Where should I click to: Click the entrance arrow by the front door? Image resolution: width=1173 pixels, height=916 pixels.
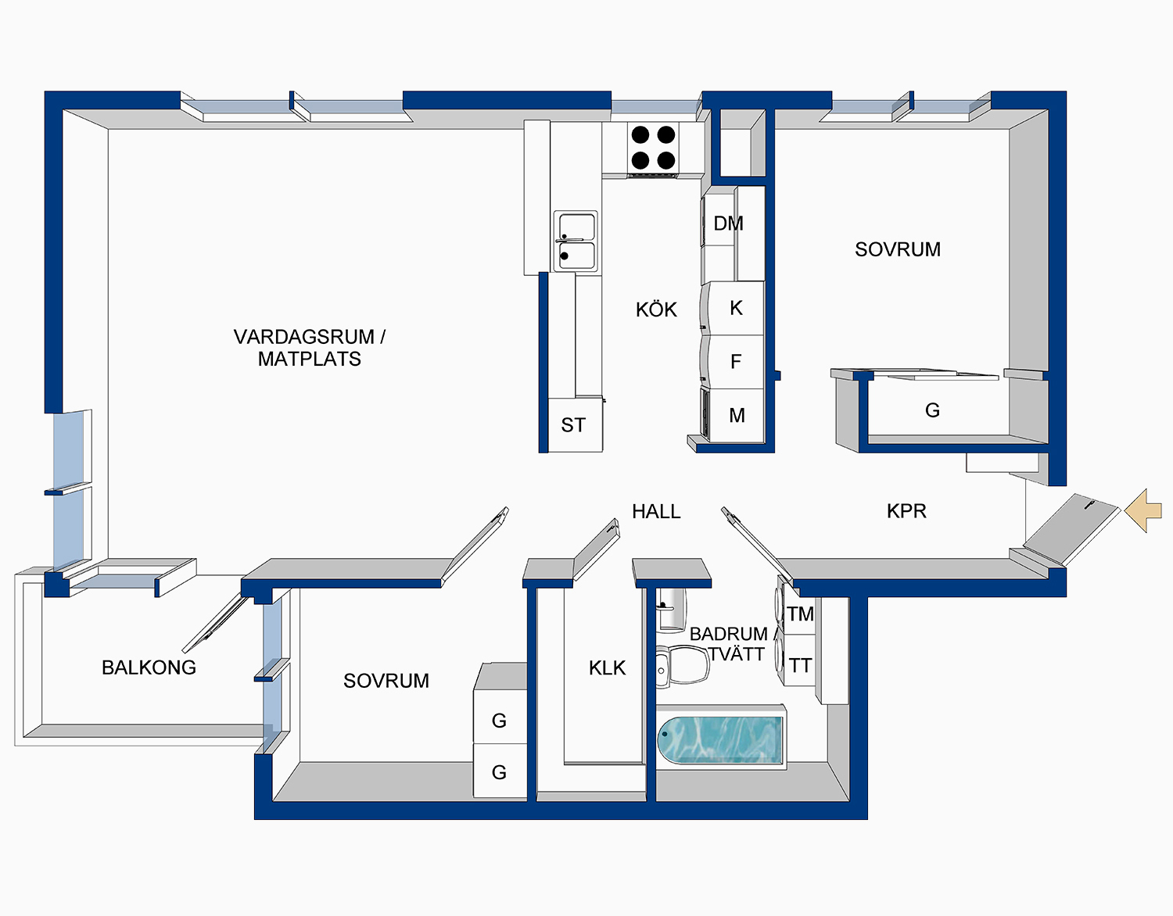[x=1144, y=510]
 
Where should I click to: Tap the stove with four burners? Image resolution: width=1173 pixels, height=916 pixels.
[x=653, y=148]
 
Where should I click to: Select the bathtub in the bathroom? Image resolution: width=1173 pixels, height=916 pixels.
[x=719, y=739]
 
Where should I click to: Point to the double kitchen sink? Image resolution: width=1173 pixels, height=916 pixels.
[x=576, y=242]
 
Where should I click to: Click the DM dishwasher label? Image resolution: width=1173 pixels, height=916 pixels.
[x=728, y=224]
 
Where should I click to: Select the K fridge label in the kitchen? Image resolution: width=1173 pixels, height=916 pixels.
[x=736, y=308]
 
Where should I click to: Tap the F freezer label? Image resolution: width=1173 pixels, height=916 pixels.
[x=735, y=362]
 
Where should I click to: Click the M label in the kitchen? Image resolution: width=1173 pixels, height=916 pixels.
[x=737, y=416]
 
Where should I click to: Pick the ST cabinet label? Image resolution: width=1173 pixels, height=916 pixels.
[x=573, y=425]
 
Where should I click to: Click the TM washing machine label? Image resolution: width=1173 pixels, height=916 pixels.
[x=800, y=614]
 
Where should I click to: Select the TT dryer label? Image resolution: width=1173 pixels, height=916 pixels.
[x=800, y=666]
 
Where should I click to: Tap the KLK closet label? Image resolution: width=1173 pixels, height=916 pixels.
[x=607, y=668]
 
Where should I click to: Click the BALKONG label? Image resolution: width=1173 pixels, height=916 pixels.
[x=149, y=667]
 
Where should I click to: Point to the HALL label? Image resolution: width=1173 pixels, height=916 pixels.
[x=656, y=511]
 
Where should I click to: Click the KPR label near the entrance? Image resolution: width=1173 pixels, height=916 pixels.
[x=906, y=511]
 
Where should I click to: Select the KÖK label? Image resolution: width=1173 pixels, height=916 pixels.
[x=656, y=310]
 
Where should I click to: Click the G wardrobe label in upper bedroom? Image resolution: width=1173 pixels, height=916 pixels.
[x=932, y=410]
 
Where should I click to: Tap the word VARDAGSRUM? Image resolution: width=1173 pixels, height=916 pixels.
[x=303, y=337]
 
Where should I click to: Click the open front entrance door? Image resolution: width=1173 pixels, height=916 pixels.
[x=1073, y=528]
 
